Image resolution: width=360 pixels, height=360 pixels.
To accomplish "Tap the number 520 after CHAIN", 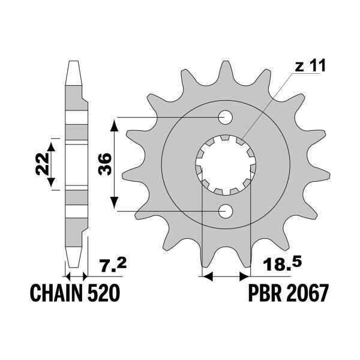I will (x=106, y=295).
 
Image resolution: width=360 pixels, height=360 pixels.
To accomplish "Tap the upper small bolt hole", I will (x=226, y=116).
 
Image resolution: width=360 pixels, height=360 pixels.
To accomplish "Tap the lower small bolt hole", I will (x=226, y=211).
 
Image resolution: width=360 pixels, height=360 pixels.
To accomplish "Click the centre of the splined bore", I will (x=226, y=164).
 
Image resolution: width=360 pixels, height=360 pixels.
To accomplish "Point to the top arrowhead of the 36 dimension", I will (x=114, y=122).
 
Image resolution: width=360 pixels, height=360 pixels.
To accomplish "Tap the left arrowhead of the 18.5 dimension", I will (x=208, y=277).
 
